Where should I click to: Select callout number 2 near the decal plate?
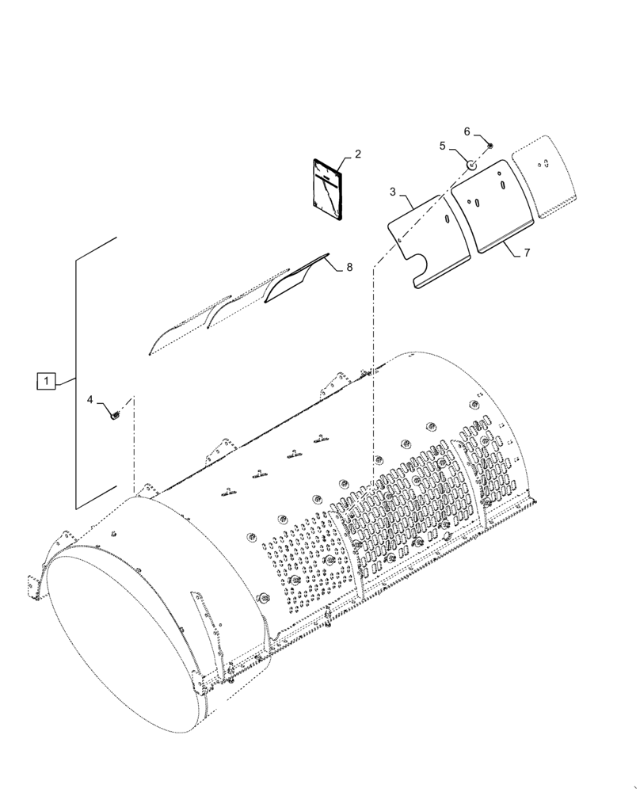[357, 154]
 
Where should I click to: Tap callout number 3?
[393, 192]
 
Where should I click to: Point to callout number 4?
[91, 400]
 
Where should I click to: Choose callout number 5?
[444, 146]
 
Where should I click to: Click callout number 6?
[467, 131]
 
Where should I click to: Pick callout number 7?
[525, 253]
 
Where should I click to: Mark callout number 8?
[349, 268]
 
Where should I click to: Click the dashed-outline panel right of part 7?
[545, 177]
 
